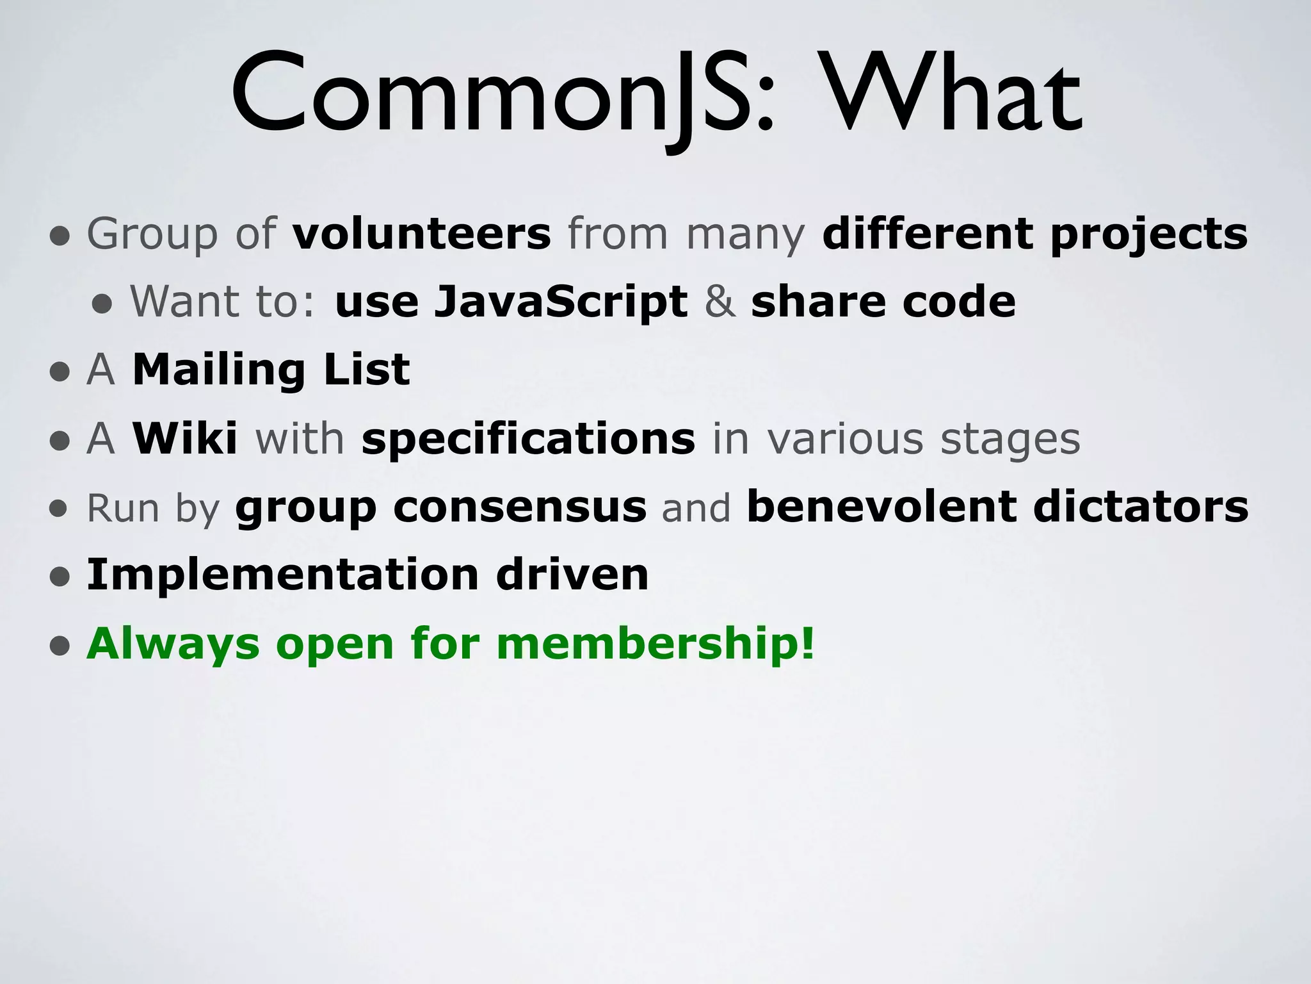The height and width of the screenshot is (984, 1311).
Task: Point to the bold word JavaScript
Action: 561,302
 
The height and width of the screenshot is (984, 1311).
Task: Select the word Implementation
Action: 282,576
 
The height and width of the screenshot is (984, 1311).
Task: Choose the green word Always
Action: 173,644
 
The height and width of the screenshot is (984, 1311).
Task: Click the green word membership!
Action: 655,644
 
